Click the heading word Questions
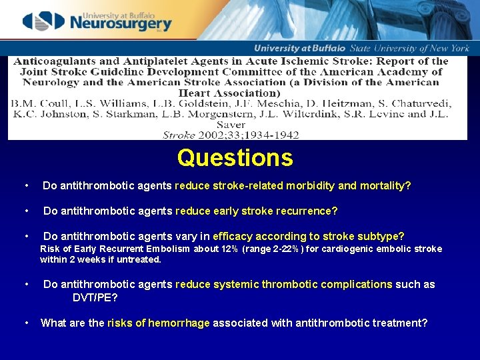[x=235, y=158]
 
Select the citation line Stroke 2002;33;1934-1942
[x=231, y=135]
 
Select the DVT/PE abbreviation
[x=95, y=297]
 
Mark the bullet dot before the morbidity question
[x=25, y=186]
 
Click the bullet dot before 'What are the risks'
[x=25, y=323]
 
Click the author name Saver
[x=231, y=124]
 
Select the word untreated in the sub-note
[x=138, y=260]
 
